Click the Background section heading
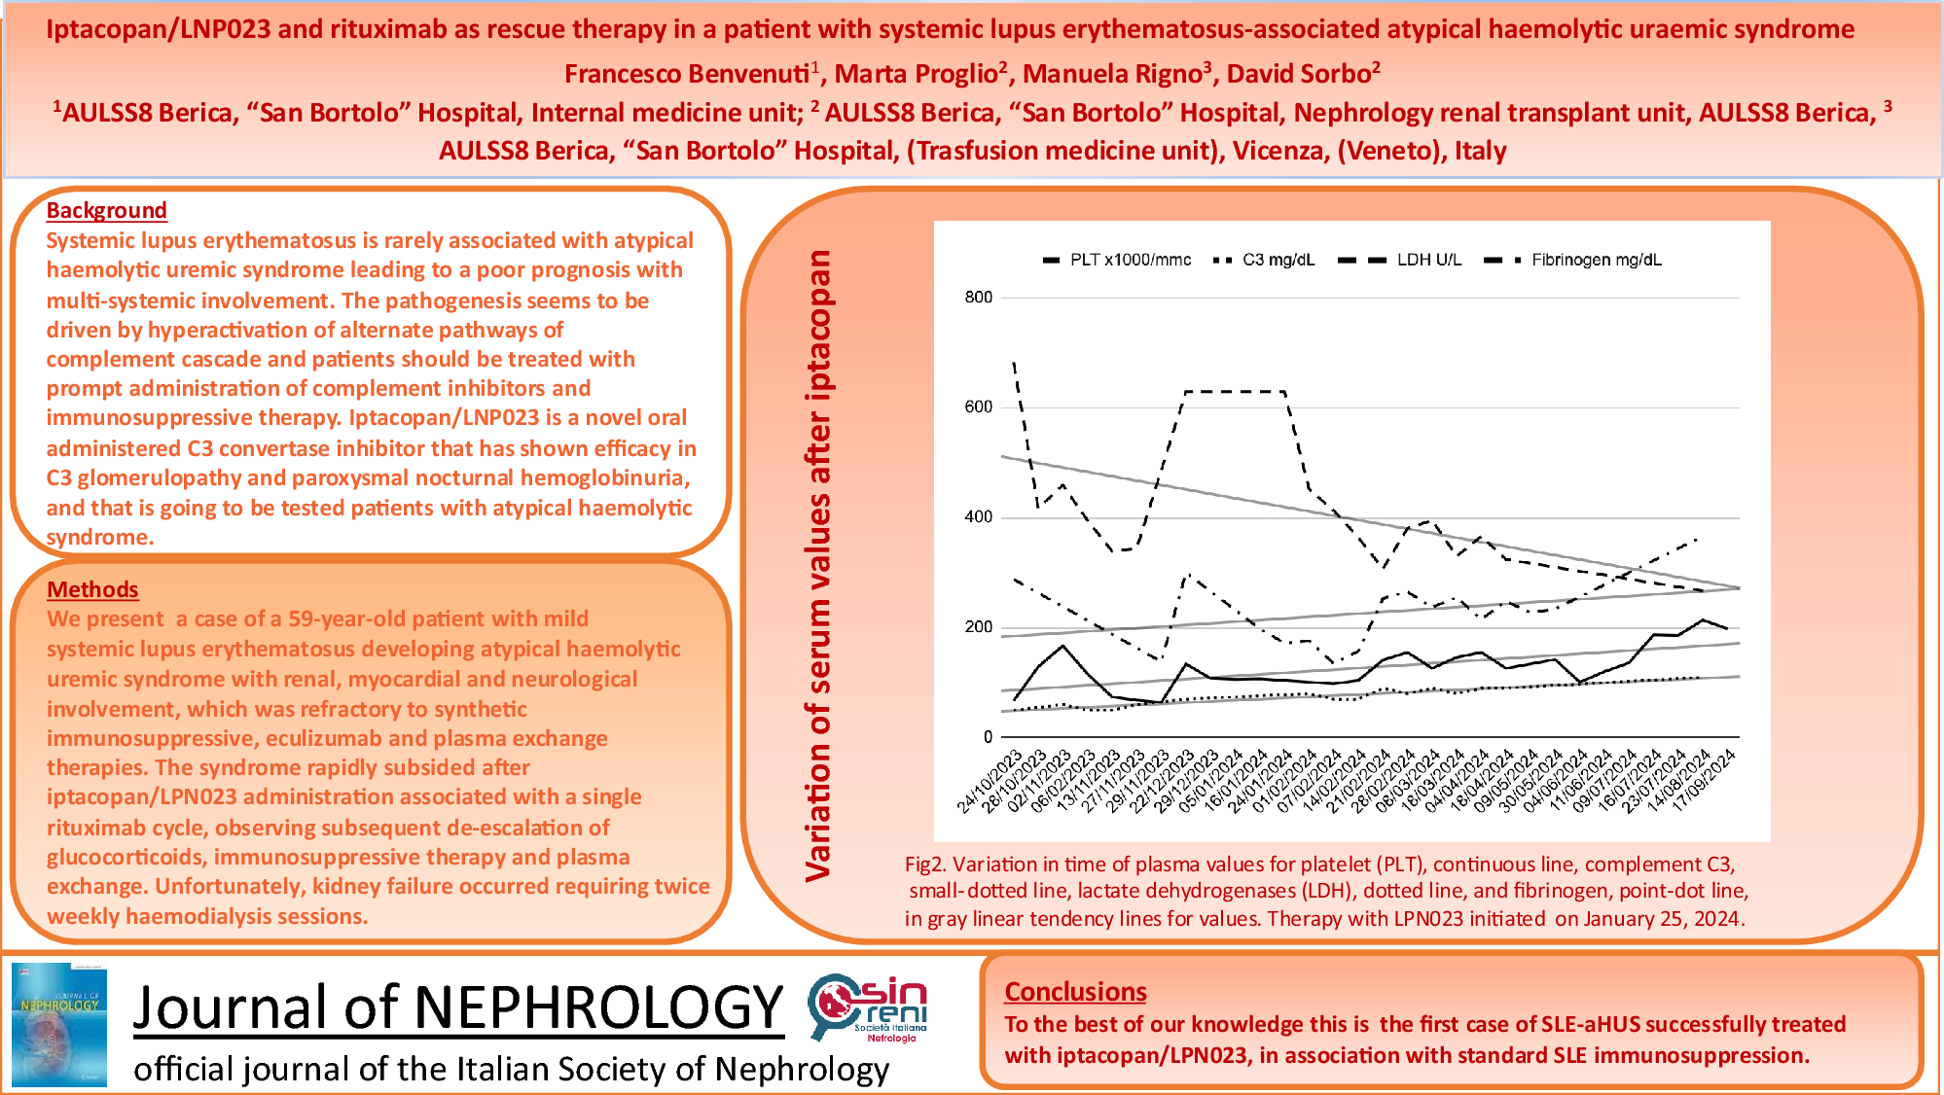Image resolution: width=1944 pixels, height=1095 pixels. point(106,210)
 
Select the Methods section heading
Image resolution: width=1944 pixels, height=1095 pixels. point(92,589)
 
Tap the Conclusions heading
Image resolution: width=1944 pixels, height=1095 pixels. point(1075,991)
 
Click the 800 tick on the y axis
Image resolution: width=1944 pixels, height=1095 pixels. point(978,298)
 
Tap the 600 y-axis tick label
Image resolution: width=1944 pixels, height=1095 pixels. point(978,407)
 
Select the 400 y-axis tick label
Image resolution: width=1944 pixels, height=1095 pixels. point(978,517)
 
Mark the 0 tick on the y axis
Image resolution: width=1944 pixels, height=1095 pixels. point(987,737)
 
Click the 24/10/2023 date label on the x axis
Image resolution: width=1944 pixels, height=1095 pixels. point(990,781)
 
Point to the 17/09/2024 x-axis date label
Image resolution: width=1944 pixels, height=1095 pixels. point(1704,781)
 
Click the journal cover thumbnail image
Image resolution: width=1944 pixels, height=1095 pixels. point(58,1024)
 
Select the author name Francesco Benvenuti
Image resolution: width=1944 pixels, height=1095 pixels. point(686,74)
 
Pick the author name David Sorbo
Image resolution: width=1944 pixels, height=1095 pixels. point(1298,74)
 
